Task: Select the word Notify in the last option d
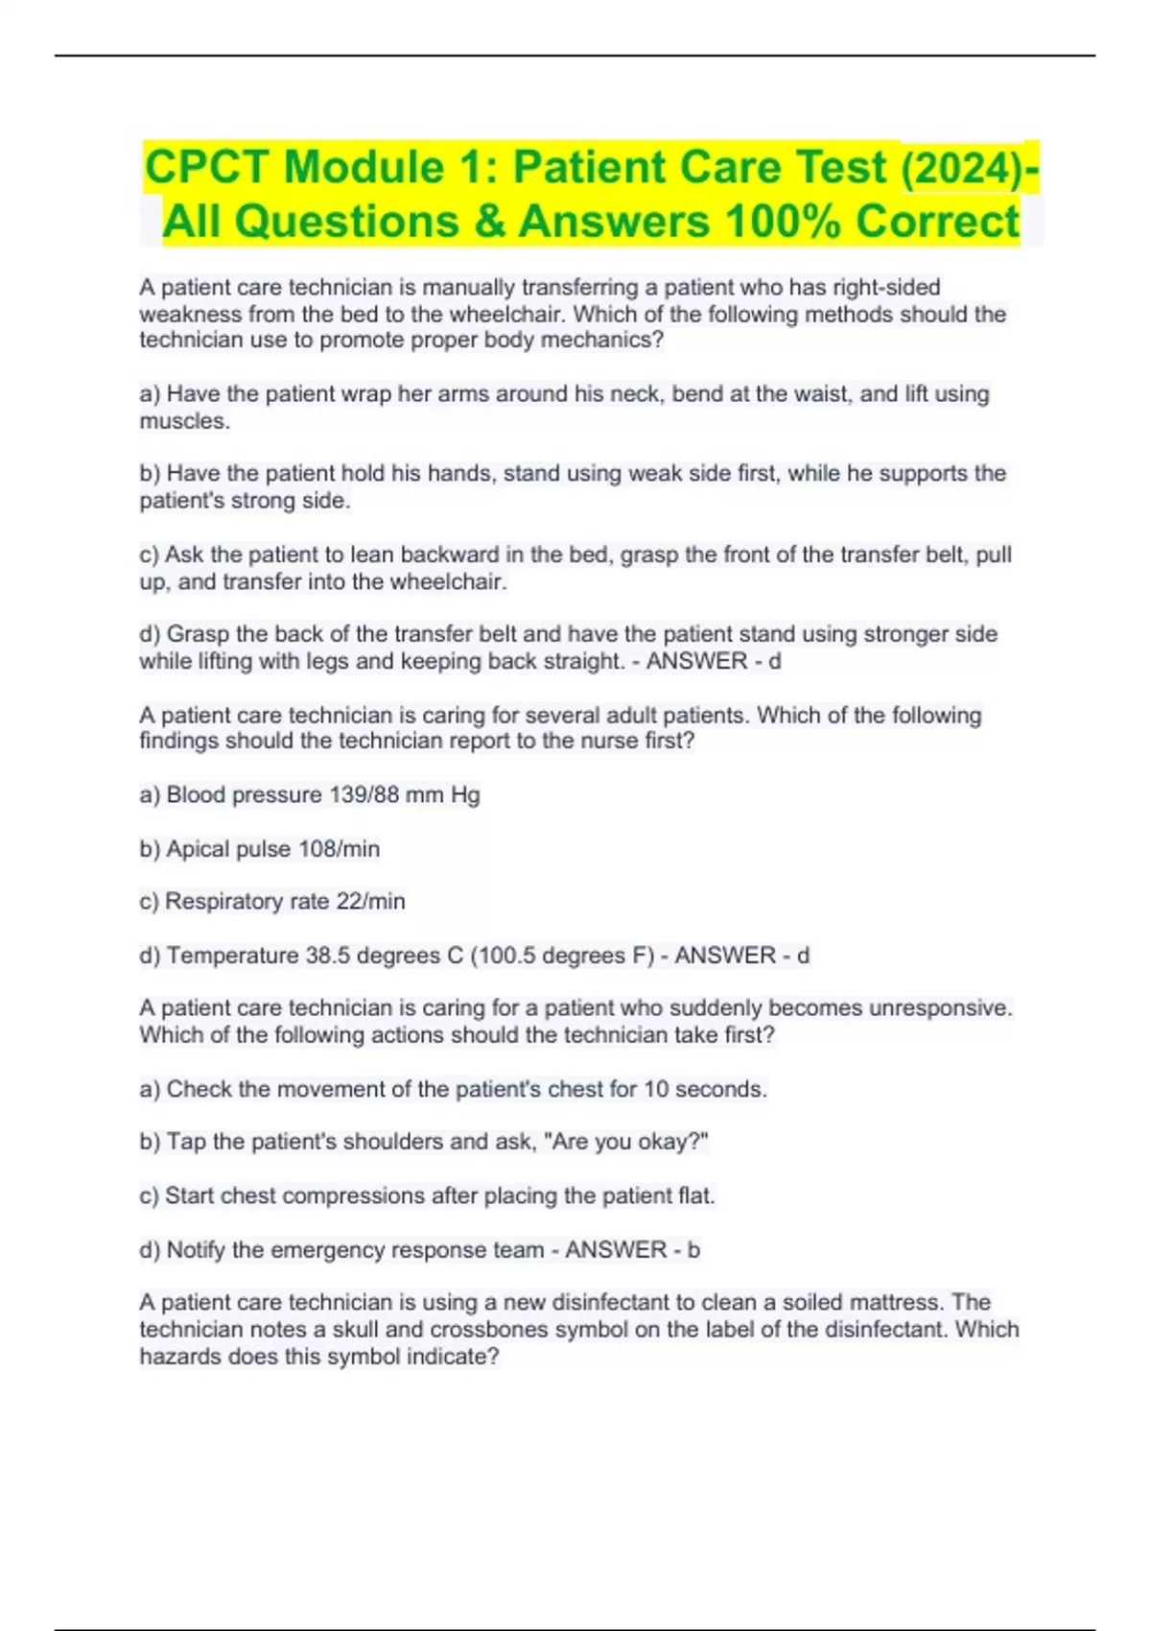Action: click(x=196, y=1250)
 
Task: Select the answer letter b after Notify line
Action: click(x=693, y=1250)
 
